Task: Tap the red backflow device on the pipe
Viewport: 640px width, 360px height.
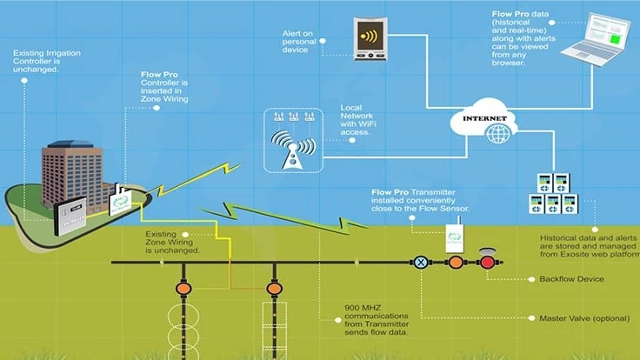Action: tap(487, 261)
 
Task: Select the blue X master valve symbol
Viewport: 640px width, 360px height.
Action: tap(420, 262)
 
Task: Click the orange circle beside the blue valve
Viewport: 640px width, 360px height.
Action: tap(454, 262)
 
